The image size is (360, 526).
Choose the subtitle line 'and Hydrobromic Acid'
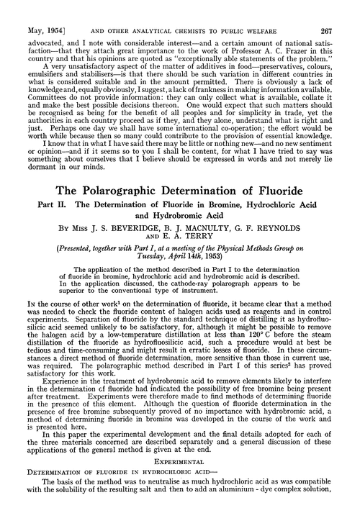[x=179, y=230]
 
